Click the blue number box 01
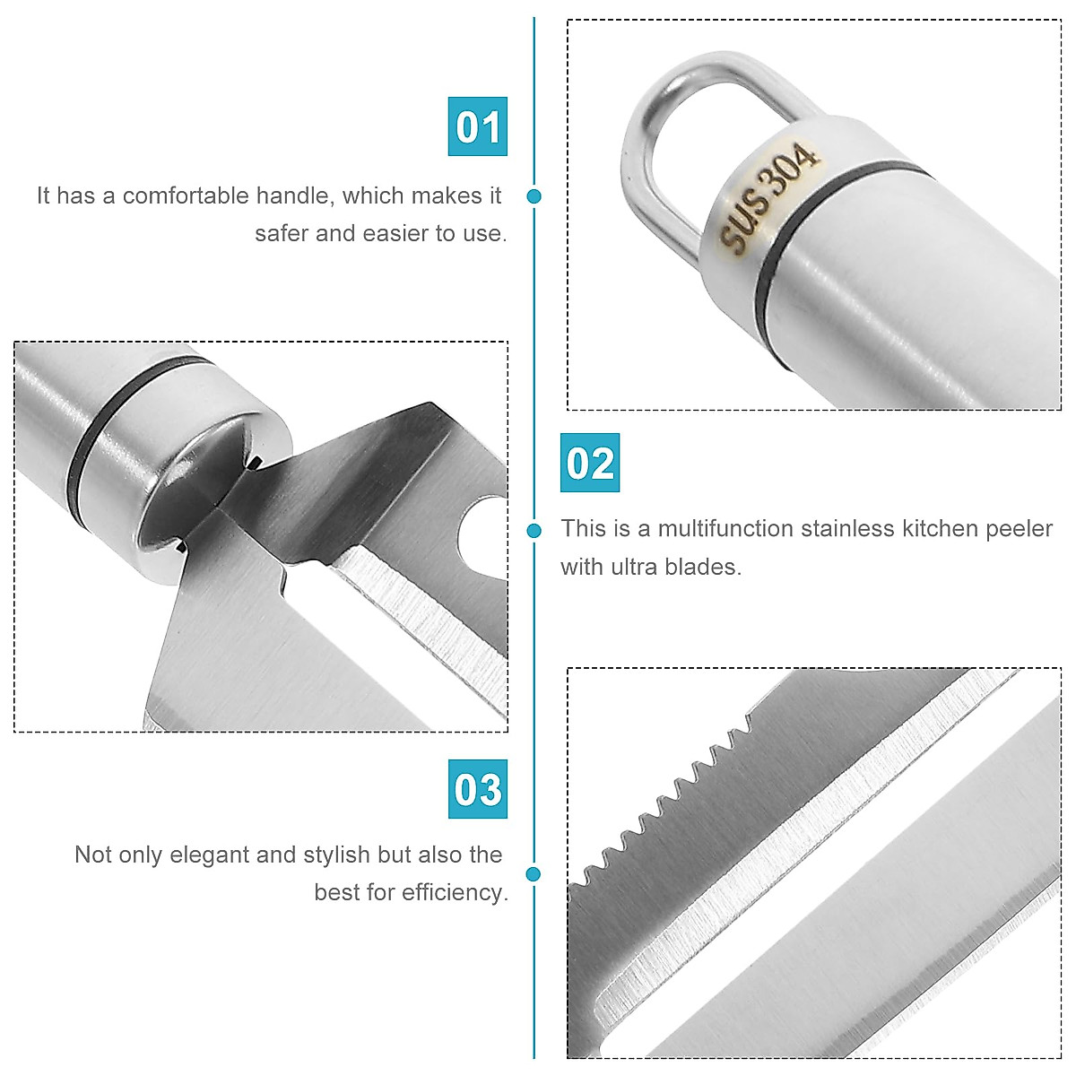tap(478, 126)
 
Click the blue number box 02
tap(590, 463)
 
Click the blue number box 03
tap(478, 789)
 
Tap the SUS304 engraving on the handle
tap(768, 197)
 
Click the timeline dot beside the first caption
tap(534, 196)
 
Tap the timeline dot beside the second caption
tap(534, 530)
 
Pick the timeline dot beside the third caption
tap(534, 873)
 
